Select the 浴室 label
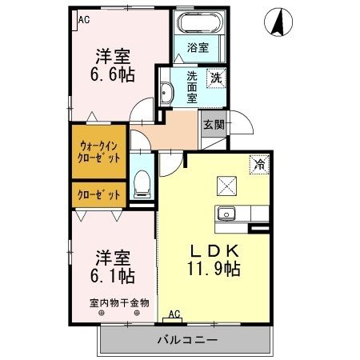198,48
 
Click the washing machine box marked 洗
215,78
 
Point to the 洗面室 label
192,87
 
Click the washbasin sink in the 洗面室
166,94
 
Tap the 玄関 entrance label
213,125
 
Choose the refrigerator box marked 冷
260,164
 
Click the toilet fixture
142,183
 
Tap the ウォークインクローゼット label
100,151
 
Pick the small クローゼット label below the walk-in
100,194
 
